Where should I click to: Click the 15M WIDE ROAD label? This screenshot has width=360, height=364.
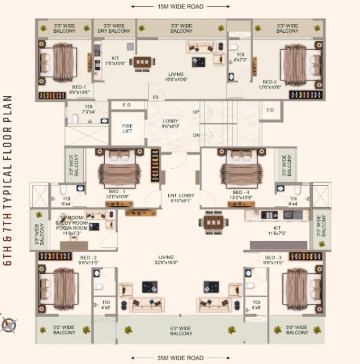pos(180,7)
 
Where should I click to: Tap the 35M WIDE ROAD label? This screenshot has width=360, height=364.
pos(180,358)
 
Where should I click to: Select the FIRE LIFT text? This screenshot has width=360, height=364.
pos(127,128)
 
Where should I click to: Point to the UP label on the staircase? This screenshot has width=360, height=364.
pos(196,112)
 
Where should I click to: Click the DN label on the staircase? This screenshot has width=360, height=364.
pos(196,135)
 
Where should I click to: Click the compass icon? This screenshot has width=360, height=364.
pos(9,324)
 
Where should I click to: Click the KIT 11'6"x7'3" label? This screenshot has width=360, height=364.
pos(277,230)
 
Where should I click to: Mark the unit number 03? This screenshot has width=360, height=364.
pos(155,97)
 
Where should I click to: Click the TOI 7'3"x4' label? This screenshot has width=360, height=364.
pos(89,109)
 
